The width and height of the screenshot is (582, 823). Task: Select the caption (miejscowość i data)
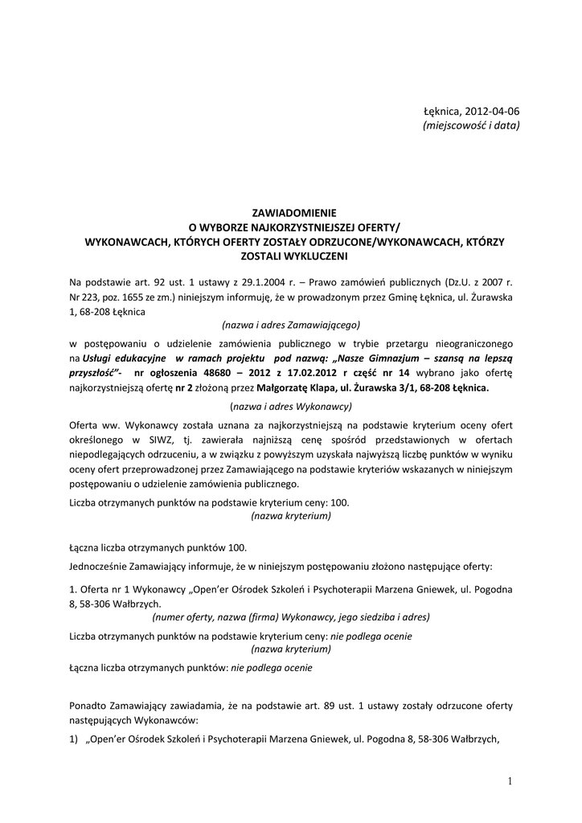tap(471, 125)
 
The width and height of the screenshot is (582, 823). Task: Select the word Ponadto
tap(88, 706)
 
